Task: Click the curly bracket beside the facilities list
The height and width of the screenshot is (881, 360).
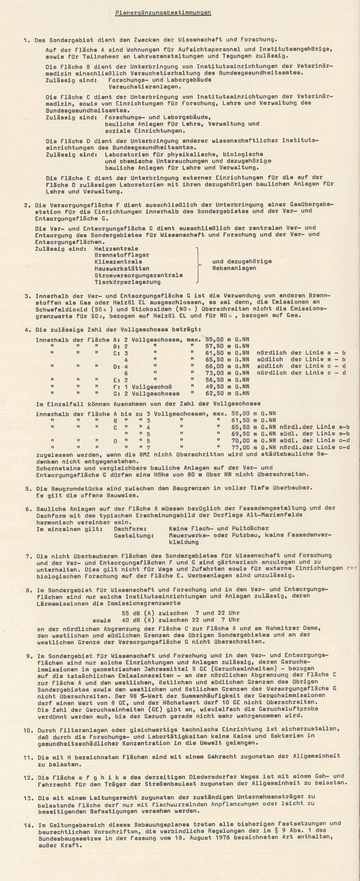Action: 196,264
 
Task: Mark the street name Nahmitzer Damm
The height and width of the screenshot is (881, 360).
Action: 314,625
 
